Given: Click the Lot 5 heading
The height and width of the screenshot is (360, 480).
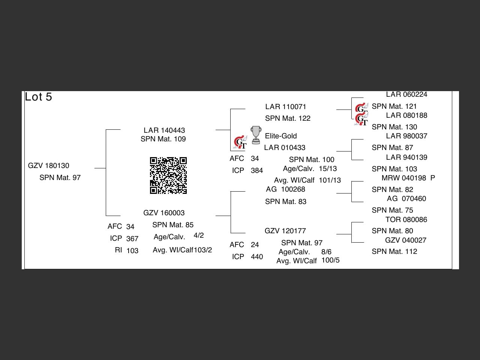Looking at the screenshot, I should (38, 97).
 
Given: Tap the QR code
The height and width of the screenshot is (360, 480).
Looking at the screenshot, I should (168, 175).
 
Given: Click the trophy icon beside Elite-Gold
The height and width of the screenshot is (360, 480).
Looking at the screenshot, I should (256, 135).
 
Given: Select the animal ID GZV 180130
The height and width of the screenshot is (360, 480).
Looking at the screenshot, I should (49, 166).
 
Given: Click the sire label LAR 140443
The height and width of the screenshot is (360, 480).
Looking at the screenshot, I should (164, 130).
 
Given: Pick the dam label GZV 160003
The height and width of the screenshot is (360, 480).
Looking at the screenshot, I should (164, 213).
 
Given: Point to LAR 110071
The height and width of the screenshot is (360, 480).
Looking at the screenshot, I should (286, 107).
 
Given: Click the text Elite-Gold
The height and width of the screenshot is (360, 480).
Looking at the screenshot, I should (281, 136).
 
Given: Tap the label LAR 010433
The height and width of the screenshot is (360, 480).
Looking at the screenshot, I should (285, 148).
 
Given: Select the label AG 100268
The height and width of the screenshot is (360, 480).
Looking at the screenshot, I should (285, 189).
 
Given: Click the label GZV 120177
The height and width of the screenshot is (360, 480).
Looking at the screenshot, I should (285, 231).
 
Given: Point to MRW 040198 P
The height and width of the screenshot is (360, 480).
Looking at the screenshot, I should (408, 178).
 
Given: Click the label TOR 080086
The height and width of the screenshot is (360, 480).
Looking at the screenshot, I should (406, 220).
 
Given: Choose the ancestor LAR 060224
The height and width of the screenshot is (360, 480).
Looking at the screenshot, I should (406, 94).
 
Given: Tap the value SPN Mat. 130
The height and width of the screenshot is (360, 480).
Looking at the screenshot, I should (394, 127).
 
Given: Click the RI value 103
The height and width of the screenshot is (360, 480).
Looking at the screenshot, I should (132, 251).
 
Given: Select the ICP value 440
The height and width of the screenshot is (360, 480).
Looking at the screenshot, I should (257, 257).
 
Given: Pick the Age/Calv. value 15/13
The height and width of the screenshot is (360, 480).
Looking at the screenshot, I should (328, 169).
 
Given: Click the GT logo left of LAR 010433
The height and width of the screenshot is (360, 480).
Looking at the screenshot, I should (240, 142).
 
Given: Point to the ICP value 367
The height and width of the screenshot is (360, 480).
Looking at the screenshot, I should (132, 239).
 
